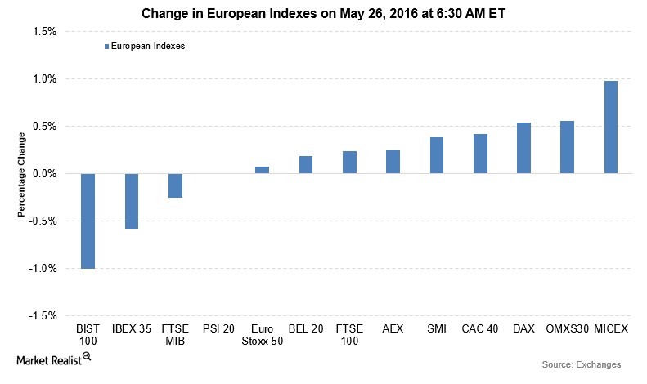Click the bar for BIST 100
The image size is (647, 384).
(88, 221)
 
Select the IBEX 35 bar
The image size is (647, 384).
(132, 201)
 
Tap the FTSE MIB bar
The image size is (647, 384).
(175, 185)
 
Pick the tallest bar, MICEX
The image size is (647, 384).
(610, 127)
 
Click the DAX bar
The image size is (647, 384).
(523, 148)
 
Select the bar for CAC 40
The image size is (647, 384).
(480, 154)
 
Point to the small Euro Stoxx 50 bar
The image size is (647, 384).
(263, 170)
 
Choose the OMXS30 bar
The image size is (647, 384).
(567, 147)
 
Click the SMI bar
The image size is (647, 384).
(437, 155)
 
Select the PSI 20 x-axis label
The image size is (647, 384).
(218, 328)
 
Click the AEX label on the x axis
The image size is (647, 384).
(393, 328)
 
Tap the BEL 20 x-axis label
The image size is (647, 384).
(306, 328)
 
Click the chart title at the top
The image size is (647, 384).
(323, 13)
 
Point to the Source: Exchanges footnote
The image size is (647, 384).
(582, 364)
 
